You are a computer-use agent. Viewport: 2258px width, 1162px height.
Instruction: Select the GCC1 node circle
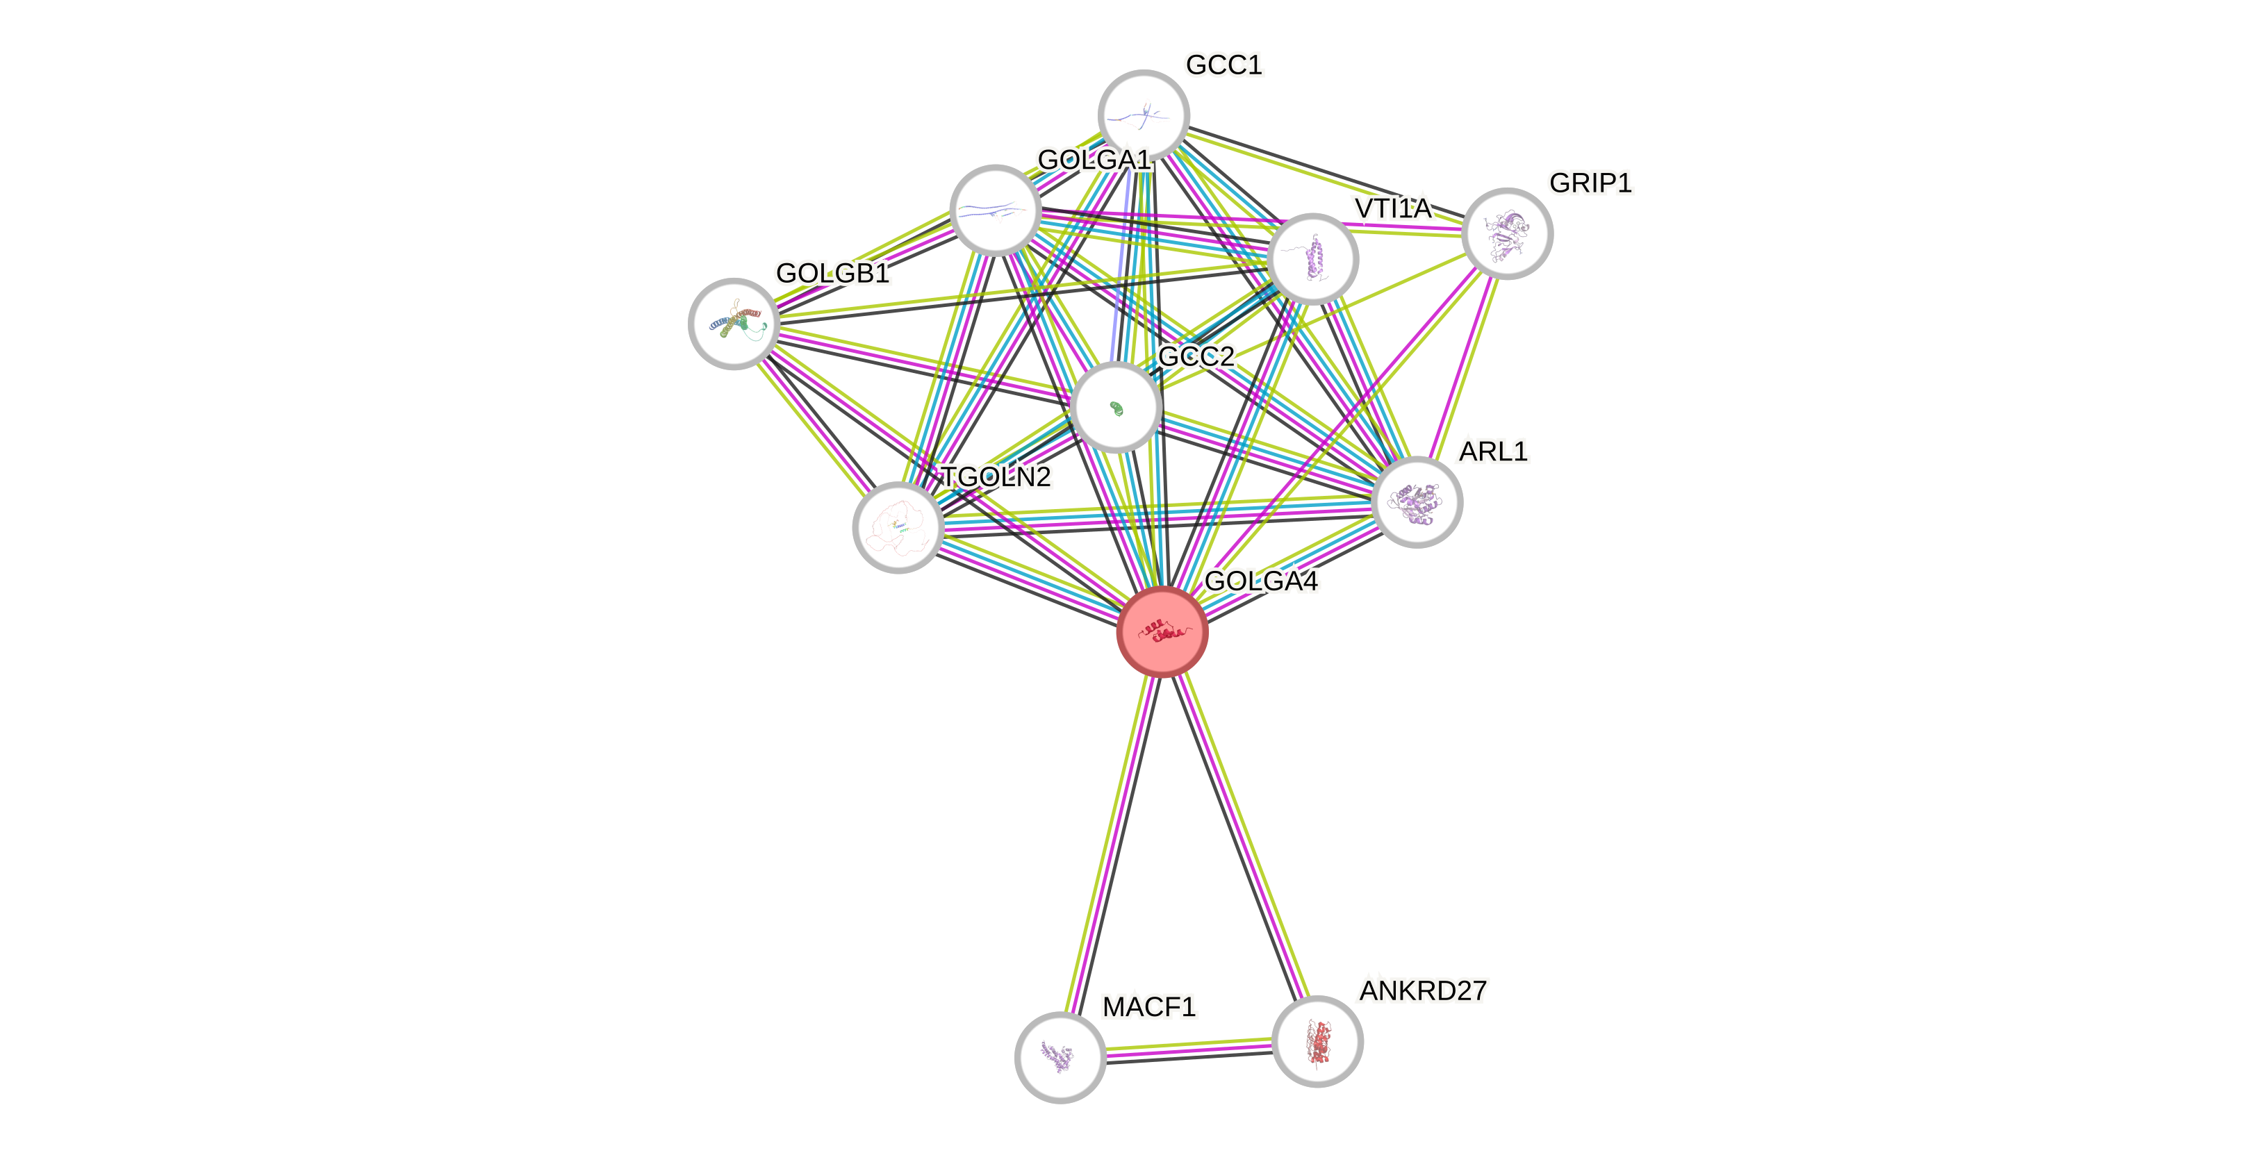point(1143,115)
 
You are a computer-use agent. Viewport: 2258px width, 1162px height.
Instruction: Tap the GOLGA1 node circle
point(995,210)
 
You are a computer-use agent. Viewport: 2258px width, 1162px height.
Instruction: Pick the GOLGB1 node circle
point(734,324)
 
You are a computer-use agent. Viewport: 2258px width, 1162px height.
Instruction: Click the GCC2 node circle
point(1116,408)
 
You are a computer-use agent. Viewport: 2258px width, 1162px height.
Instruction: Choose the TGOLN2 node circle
point(898,526)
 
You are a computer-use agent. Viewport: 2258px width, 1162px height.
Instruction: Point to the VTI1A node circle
point(1312,259)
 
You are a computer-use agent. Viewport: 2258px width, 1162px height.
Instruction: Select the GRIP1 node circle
point(1507,233)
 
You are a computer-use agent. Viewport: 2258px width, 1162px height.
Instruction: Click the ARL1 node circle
point(1417,502)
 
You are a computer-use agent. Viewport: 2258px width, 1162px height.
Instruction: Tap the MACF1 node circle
point(1060,1057)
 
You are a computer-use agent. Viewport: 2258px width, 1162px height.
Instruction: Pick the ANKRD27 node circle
point(1317,1041)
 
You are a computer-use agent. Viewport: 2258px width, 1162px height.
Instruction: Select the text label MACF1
point(1148,1007)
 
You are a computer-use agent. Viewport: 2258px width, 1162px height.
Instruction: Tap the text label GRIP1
point(1590,183)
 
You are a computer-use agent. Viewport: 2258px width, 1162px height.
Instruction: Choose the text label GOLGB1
point(833,274)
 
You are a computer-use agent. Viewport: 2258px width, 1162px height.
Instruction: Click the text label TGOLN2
point(996,476)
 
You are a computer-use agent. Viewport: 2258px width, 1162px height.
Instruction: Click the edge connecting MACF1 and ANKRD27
point(1188,1049)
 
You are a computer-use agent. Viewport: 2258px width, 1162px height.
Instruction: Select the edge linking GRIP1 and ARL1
point(1462,367)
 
